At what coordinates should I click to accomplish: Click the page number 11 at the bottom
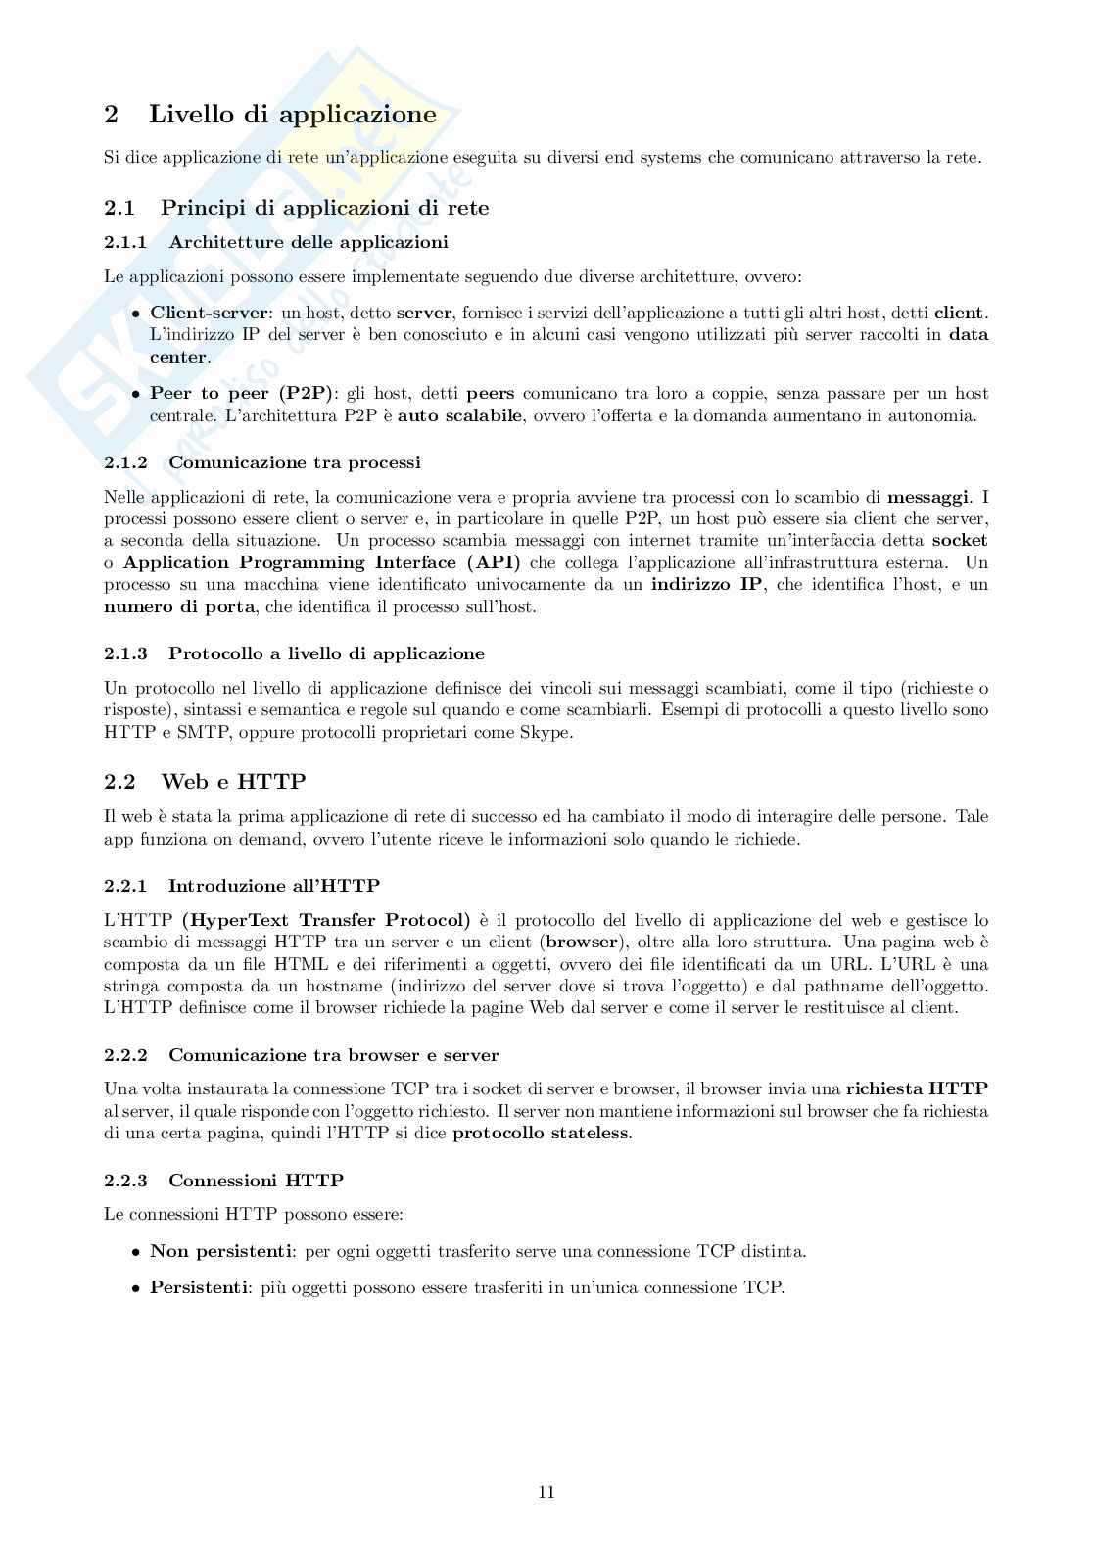546,1492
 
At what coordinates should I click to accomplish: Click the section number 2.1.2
125,462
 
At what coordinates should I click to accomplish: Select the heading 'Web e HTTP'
233,781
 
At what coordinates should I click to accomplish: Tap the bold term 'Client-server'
209,313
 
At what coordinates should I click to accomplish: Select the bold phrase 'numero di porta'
179,606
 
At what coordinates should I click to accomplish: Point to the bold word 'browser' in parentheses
581,943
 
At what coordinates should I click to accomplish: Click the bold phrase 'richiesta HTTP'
917,1088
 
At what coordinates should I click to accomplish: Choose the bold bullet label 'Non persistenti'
221,1251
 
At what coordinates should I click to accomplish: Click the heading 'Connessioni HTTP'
256,1181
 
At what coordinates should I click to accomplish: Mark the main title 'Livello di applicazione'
292,114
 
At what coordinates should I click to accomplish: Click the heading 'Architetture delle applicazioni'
308,242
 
